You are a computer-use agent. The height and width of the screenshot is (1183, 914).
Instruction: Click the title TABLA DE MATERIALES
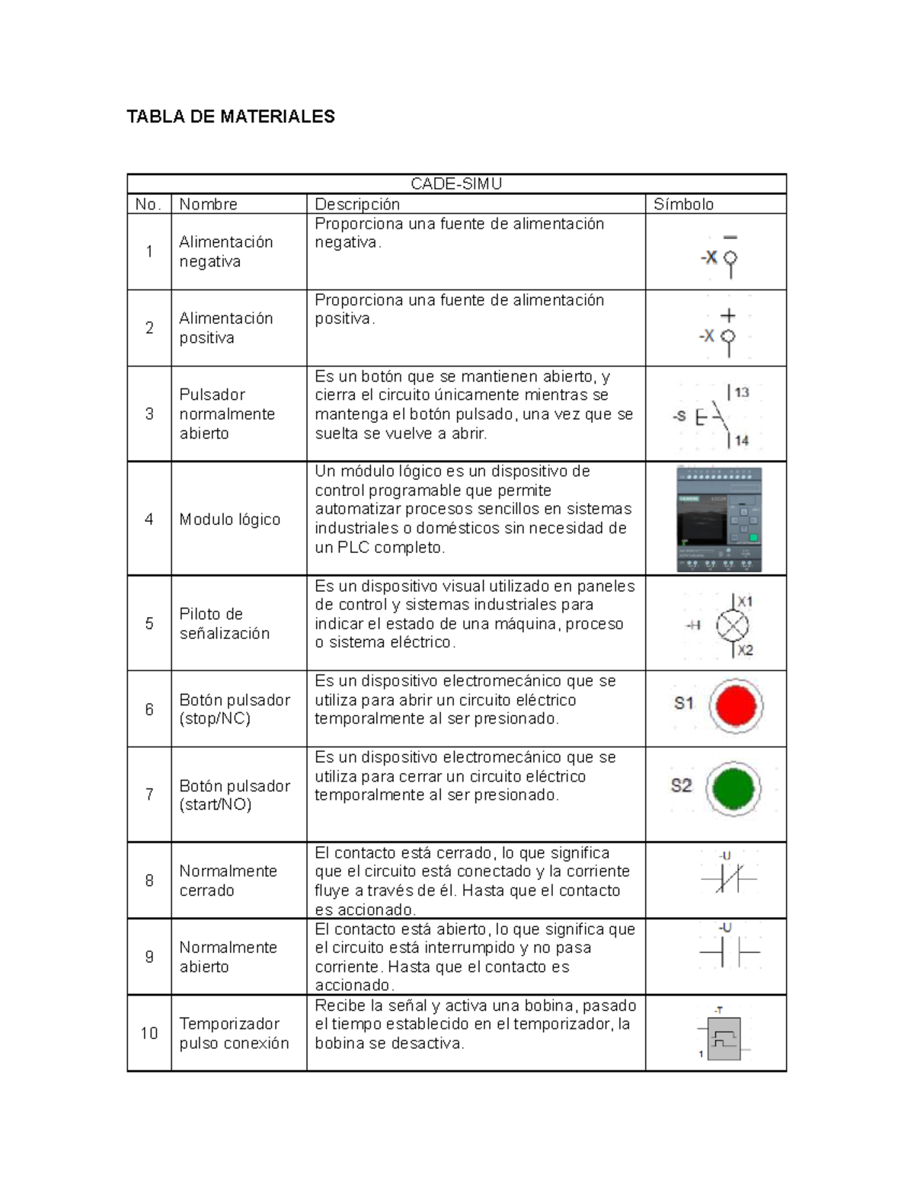pyautogui.click(x=230, y=117)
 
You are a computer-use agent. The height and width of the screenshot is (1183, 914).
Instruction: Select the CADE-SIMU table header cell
pyautogui.click(x=456, y=184)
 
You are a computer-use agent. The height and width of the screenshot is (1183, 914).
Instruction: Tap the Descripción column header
pyautogui.click(x=357, y=204)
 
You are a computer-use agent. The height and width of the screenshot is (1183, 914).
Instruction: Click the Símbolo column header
pyautogui.click(x=683, y=204)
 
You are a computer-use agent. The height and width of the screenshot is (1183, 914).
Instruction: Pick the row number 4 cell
pyautogui.click(x=149, y=519)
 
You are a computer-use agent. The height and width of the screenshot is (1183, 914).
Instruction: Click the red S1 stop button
pyautogui.click(x=736, y=705)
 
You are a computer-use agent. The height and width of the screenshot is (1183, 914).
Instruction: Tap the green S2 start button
pyautogui.click(x=733, y=788)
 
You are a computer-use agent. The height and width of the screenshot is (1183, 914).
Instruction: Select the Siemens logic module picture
pyautogui.click(x=718, y=520)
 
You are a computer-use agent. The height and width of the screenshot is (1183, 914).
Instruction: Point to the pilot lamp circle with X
pyautogui.click(x=732, y=625)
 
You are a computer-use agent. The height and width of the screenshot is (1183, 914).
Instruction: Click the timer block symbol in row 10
pyautogui.click(x=724, y=1038)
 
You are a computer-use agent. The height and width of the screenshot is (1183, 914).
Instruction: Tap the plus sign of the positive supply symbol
pyautogui.click(x=728, y=315)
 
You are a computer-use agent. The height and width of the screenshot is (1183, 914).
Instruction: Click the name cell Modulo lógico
pyautogui.click(x=229, y=520)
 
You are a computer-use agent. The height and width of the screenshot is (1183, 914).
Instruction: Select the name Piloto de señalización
pyautogui.click(x=224, y=624)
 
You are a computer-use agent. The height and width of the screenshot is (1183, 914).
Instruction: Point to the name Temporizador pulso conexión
pyautogui.click(x=234, y=1034)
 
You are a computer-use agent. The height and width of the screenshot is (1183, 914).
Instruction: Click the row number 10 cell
pyautogui.click(x=149, y=1034)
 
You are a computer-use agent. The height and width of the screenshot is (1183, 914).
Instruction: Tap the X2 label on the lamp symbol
pyautogui.click(x=744, y=650)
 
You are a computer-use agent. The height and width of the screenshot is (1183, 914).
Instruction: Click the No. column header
pyautogui.click(x=148, y=204)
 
